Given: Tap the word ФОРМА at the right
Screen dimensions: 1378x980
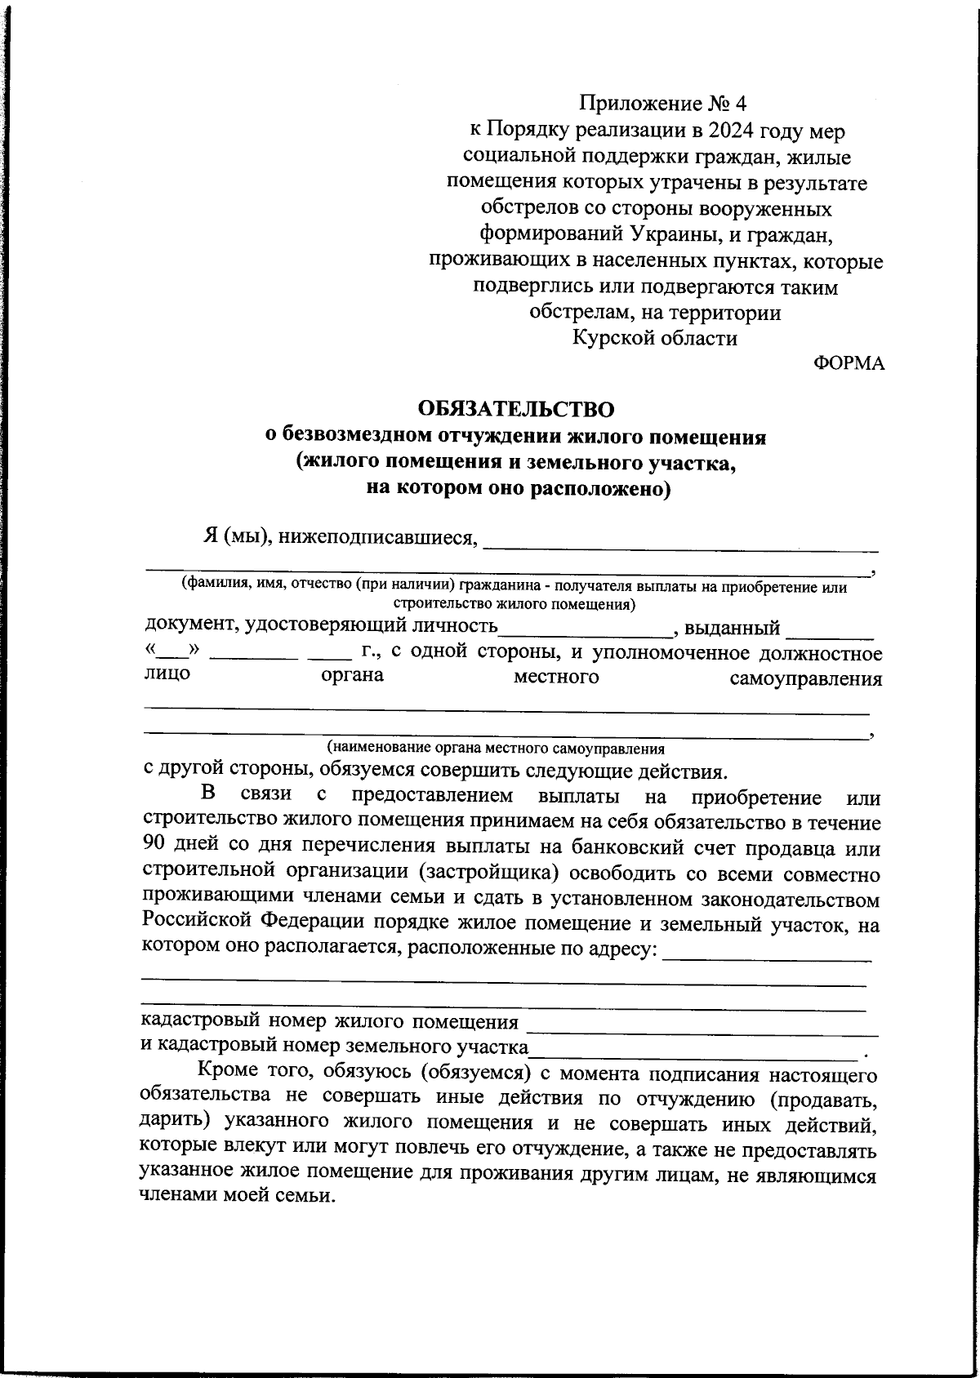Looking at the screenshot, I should tap(849, 364).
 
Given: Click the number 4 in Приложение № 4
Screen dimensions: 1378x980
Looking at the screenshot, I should tap(740, 104).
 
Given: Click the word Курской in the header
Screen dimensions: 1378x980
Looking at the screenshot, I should tap(608, 338).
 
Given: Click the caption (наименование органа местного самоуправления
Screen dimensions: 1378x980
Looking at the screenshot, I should tap(496, 748).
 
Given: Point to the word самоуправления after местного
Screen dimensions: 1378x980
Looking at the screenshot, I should tap(805, 679).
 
